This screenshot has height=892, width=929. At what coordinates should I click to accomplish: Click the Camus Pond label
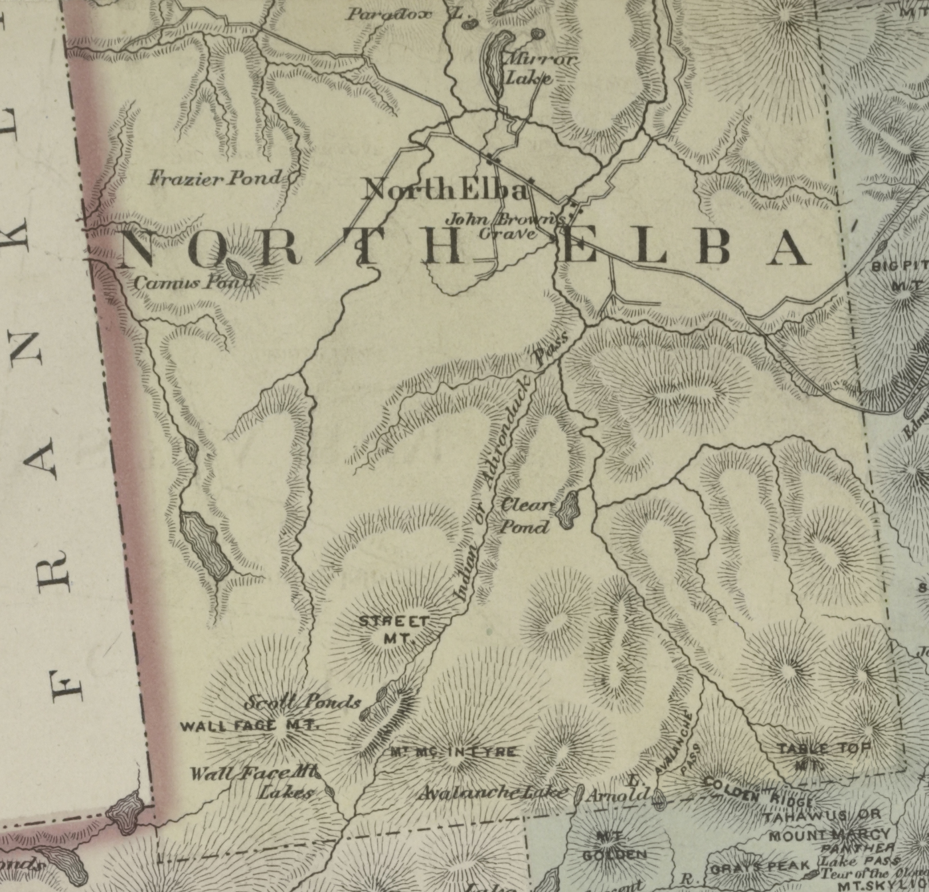[x=194, y=282]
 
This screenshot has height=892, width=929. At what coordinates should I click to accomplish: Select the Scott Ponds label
[x=303, y=701]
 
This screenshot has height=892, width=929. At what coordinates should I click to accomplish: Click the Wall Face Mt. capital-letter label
[x=249, y=725]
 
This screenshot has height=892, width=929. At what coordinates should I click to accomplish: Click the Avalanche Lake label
[x=493, y=792]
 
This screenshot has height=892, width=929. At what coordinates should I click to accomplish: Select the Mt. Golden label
[x=614, y=846]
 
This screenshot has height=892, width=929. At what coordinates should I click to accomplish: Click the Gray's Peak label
[x=760, y=867]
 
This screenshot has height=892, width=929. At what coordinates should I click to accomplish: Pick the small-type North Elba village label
[x=446, y=190]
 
